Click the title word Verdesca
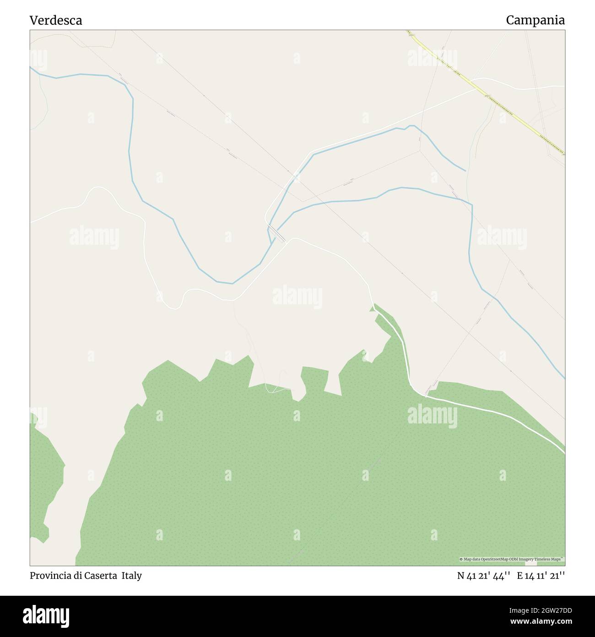tap(56, 20)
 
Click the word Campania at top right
tap(535, 20)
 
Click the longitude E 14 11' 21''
tap(541, 576)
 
